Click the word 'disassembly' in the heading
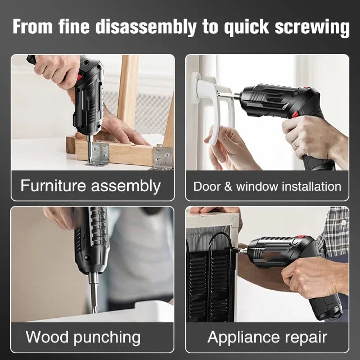[x=146, y=27]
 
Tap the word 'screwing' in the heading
[x=312, y=28]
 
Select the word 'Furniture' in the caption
[x=53, y=186]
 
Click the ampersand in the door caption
[x=228, y=186]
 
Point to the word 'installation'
[x=312, y=186]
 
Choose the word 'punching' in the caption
[x=107, y=337]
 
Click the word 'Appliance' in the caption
[x=243, y=337]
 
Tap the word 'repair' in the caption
[x=306, y=338]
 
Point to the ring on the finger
[x=296, y=145]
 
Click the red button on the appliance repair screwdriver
[x=301, y=237]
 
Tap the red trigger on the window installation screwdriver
[x=295, y=114]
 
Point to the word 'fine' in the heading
[x=74, y=27]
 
